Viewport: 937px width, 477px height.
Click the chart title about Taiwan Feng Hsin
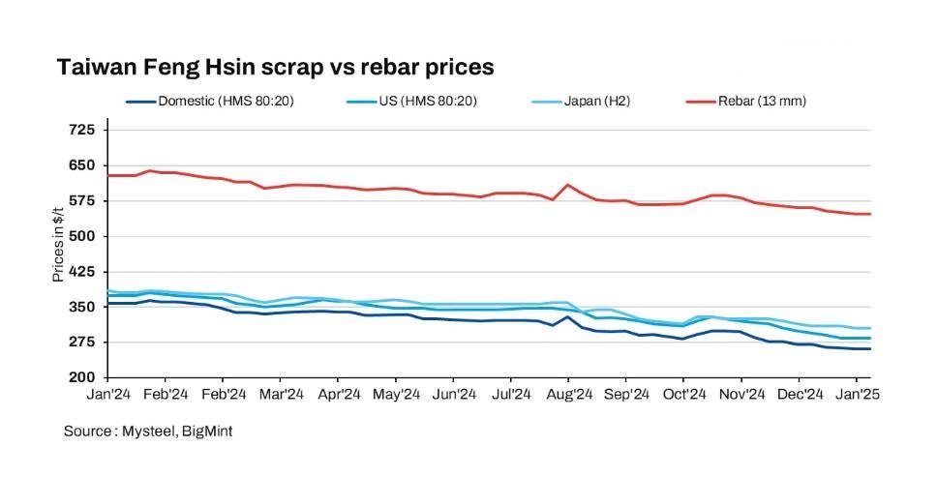pos(276,68)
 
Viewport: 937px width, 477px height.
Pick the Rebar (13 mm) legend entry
pos(761,101)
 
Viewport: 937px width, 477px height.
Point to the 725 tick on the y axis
pos(81,130)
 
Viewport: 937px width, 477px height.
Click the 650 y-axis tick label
pos(81,165)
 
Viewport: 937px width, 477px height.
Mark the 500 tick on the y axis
pos(81,236)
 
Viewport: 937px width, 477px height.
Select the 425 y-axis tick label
pos(81,272)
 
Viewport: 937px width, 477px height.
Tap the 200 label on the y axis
pos(81,377)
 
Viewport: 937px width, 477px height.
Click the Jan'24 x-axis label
pos(107,395)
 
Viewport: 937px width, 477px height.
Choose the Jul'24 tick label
pos(510,395)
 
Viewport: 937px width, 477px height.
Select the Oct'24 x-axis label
pos(682,395)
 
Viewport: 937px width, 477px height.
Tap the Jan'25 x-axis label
pos(856,395)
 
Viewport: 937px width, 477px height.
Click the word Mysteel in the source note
pos(146,432)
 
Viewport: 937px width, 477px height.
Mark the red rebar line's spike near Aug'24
pos(568,185)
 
